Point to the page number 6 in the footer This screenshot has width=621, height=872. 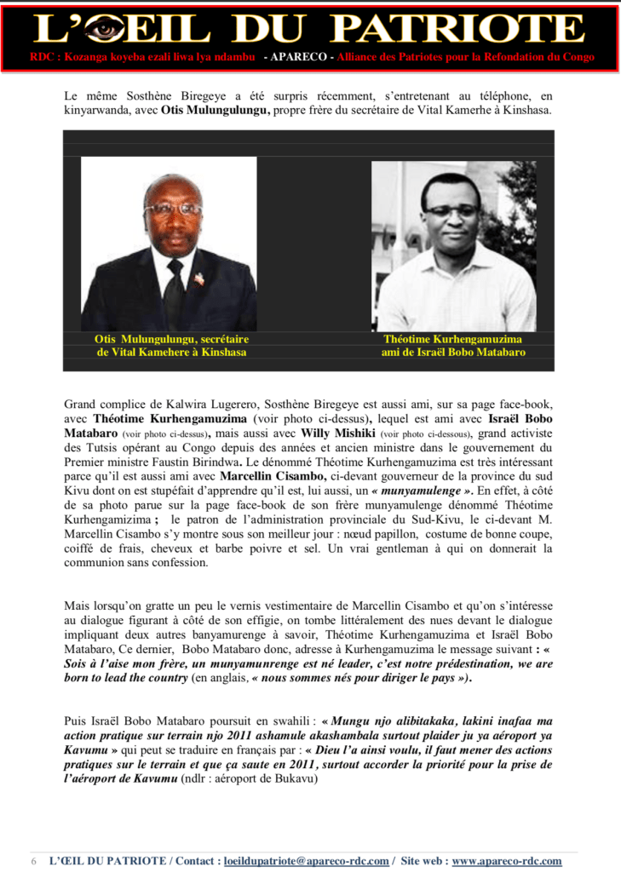34,861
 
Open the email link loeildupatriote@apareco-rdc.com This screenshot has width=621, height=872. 306,861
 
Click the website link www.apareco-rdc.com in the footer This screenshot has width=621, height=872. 506,861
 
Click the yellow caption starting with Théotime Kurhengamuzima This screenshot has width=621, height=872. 453,345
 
